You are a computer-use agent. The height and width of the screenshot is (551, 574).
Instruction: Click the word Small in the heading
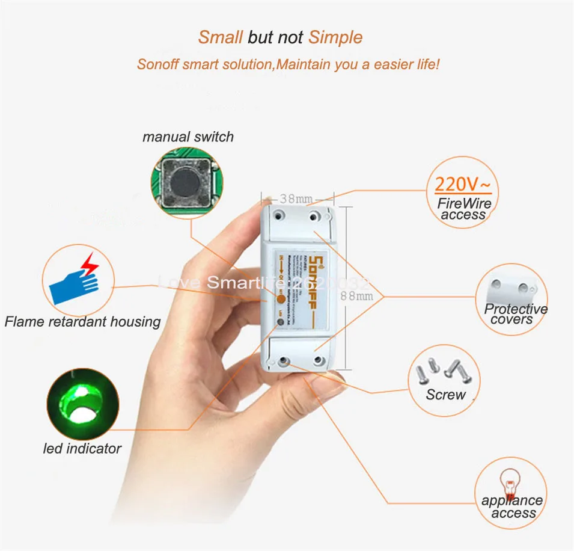[x=220, y=37]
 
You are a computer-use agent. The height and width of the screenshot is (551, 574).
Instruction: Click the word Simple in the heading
[x=335, y=37]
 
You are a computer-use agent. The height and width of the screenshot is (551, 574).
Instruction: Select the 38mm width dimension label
[x=296, y=198]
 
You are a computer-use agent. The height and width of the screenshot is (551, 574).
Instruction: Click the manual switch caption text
[x=188, y=137]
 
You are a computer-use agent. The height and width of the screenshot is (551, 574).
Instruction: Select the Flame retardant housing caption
[x=82, y=322]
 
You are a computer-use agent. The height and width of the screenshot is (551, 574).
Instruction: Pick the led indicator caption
[x=82, y=448]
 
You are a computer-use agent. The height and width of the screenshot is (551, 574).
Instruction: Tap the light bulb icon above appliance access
[x=510, y=481]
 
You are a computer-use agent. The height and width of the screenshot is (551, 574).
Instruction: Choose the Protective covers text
[x=515, y=314]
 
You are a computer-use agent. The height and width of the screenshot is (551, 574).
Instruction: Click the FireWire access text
[x=463, y=209]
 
